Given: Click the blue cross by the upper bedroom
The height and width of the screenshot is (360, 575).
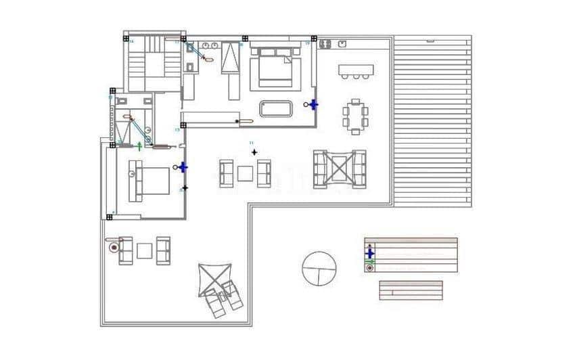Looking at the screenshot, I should tap(313, 104).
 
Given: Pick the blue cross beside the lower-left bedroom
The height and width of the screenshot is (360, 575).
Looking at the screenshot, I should tap(183, 166).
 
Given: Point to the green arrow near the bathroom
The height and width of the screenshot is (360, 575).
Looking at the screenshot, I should tap(140, 145).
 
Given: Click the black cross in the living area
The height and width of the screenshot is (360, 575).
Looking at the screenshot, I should tap(254, 152).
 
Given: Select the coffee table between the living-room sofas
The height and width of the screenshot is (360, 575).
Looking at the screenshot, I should tap(245, 174).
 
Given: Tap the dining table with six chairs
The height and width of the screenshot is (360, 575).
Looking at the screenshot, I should tap(355, 116).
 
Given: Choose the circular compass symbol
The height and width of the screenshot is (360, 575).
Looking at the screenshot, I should tap(319, 269).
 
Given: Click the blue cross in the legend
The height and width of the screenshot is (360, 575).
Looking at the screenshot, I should tap(369, 252).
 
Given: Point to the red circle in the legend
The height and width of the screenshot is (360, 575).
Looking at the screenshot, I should tap(369, 268).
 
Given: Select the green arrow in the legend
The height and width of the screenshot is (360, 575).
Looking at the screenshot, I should tap(369, 261).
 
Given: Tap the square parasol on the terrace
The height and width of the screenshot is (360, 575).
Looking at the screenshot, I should tap(215, 279).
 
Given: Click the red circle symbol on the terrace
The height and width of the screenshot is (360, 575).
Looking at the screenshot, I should tap(114, 248).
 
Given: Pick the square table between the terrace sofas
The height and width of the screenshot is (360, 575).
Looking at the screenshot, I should tap(144, 250).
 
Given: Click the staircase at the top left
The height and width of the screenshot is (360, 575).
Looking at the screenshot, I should tap(154, 62).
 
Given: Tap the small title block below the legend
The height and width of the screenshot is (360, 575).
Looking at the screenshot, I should tap(411, 290).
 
